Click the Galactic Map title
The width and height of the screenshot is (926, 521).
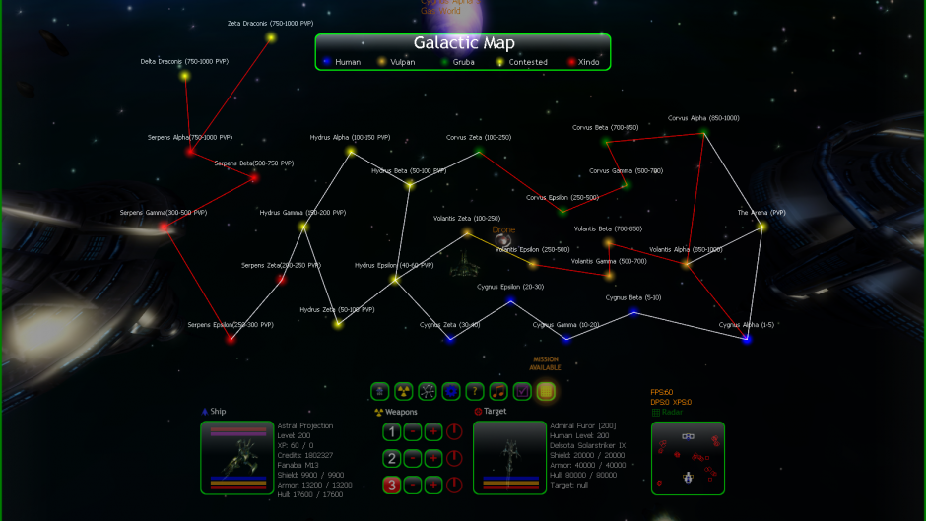[463, 43]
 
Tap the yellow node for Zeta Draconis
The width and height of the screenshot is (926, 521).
[270, 38]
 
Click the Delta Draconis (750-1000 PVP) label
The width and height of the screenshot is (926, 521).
[184, 62]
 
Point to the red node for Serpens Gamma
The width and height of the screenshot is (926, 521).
[164, 228]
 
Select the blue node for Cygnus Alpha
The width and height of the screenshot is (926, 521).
[746, 339]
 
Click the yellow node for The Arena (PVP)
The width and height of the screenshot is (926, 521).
[761, 227]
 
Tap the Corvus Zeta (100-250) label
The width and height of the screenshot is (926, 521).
[478, 138]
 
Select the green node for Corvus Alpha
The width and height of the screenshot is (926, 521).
[702, 132]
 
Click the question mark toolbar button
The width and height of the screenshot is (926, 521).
[475, 391]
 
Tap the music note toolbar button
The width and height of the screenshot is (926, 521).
[498, 391]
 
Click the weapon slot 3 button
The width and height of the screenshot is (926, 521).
[391, 484]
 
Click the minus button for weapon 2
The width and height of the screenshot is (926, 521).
[413, 458]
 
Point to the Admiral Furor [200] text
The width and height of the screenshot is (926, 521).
[581, 426]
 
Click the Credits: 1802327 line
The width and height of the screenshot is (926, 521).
[303, 454]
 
